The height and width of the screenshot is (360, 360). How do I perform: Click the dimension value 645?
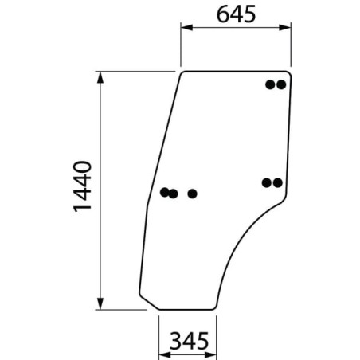[236, 14]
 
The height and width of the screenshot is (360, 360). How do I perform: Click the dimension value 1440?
[82, 186]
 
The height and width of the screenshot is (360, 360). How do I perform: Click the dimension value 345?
[189, 341]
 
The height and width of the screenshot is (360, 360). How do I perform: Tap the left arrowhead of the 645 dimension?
[186, 27]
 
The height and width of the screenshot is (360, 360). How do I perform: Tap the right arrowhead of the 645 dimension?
[285, 27]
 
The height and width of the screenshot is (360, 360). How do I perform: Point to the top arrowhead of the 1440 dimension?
[100, 77]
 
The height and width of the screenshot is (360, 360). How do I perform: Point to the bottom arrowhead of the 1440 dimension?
[100, 303]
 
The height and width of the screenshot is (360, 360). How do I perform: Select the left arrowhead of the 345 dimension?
[165, 355]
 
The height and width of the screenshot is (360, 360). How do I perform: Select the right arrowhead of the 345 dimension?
[210, 355]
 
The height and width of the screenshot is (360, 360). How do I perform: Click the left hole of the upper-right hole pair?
[270, 84]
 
